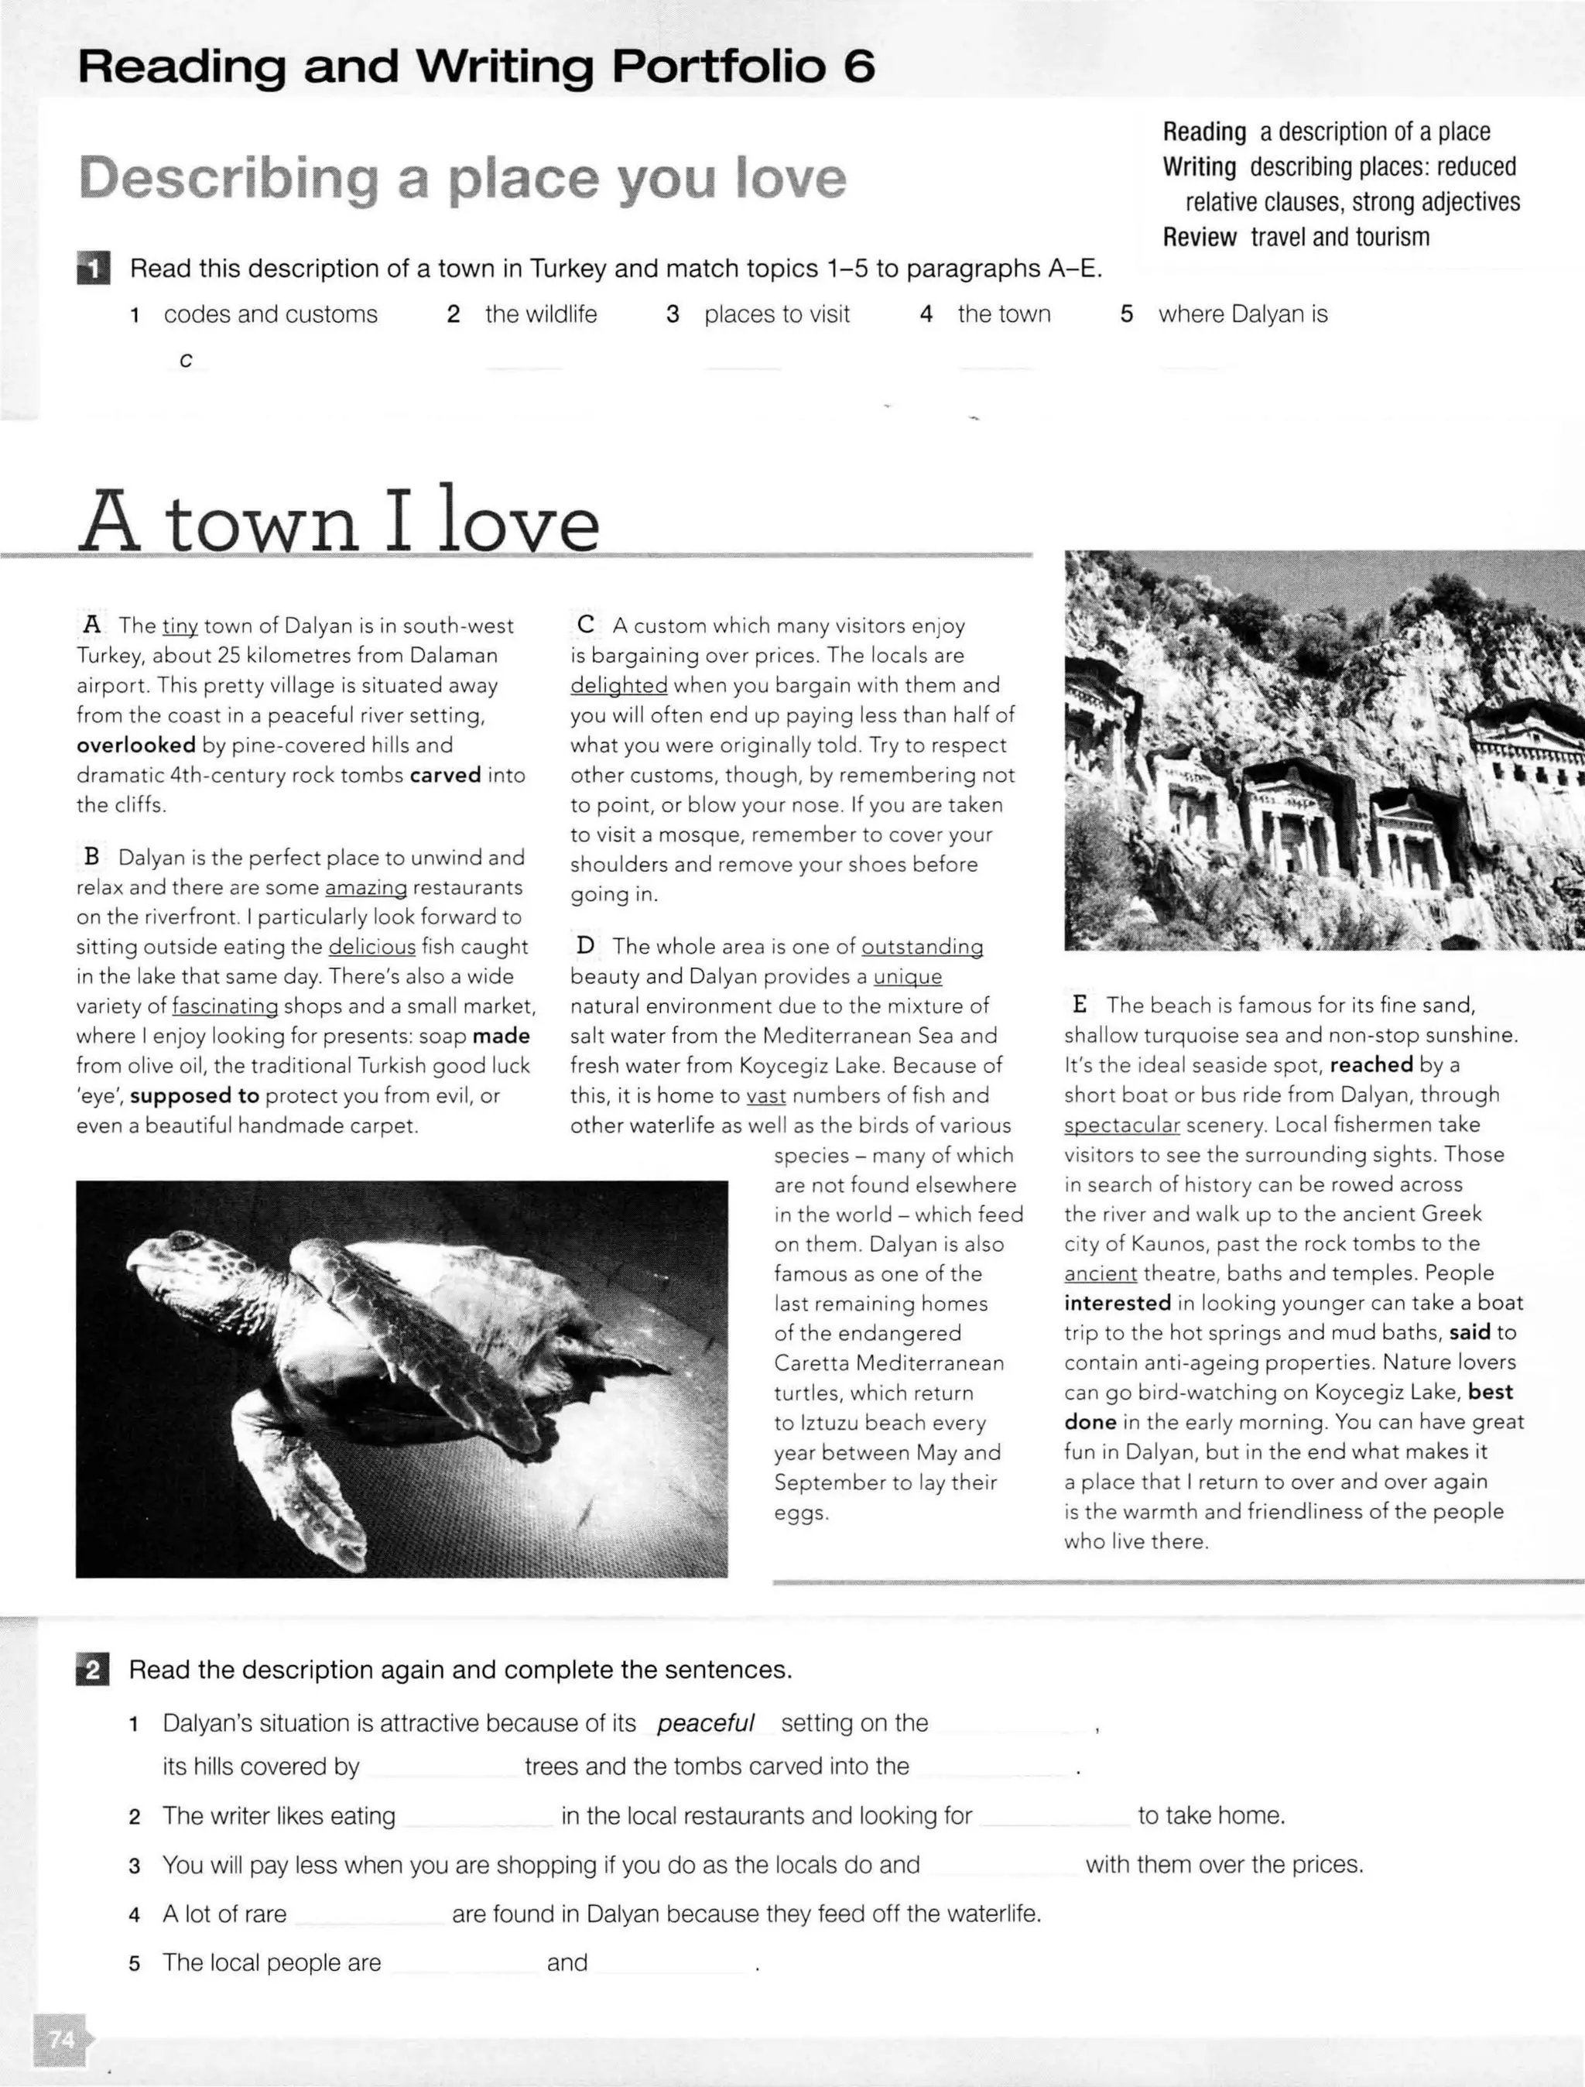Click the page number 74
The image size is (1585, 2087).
(x=60, y=2039)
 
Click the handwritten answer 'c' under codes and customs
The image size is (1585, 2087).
(x=186, y=361)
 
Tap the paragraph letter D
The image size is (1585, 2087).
(x=586, y=945)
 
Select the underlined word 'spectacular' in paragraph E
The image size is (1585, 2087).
(x=1121, y=1125)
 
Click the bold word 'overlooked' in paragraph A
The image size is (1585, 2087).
(x=136, y=745)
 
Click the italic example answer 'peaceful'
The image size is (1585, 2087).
(x=706, y=1723)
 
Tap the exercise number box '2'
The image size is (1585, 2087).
(x=92, y=1670)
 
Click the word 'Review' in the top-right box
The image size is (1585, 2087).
(x=1199, y=237)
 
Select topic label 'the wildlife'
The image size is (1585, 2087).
(x=541, y=314)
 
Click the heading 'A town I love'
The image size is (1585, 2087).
(x=337, y=522)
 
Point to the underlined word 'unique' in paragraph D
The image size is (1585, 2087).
(x=908, y=975)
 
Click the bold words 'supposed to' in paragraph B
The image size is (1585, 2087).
(x=194, y=1095)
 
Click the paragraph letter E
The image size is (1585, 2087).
(x=1080, y=1005)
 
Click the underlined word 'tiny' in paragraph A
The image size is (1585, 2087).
(x=180, y=625)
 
